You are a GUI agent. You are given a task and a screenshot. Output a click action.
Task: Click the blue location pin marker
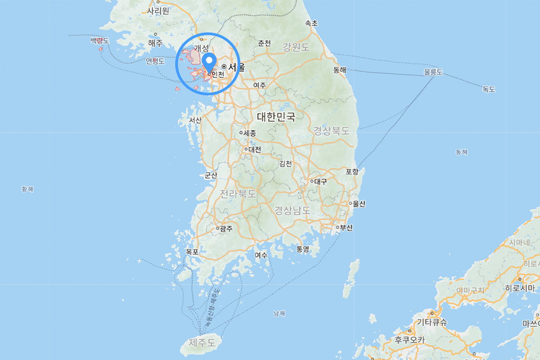point(209,61)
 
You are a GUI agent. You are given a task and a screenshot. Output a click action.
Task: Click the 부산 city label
point(346,228)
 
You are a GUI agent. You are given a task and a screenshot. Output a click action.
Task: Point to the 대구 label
point(320,182)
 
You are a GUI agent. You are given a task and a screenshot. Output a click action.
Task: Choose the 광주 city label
point(226,229)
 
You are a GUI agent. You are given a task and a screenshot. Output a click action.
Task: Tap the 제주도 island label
point(202,343)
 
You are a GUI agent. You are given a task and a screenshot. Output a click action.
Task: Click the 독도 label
point(489,90)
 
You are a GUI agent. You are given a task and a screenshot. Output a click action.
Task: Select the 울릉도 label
point(433,72)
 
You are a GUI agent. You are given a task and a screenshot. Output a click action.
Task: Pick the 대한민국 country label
point(276,117)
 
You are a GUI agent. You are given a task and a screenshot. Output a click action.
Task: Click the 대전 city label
point(254,149)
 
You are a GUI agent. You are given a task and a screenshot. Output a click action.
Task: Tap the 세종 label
point(250,133)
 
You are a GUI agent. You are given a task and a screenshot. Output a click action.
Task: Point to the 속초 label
point(311,23)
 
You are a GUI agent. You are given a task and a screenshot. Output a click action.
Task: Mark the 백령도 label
point(99,41)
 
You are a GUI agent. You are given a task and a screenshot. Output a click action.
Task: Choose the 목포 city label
point(192,252)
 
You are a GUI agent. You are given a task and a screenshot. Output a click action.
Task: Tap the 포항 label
point(352,171)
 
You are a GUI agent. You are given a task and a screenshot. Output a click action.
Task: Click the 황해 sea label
point(27,189)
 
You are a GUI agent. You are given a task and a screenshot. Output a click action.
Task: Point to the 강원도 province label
point(297,46)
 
